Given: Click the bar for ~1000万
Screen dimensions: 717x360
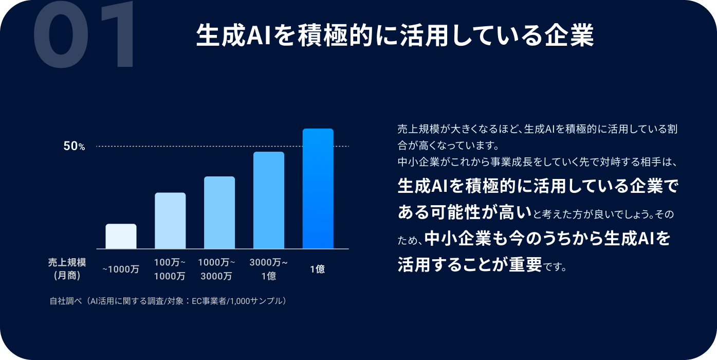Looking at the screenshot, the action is click(x=121, y=236).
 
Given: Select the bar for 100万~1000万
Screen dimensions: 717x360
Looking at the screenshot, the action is click(x=170, y=220).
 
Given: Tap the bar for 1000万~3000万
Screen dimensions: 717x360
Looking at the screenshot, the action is click(x=219, y=212).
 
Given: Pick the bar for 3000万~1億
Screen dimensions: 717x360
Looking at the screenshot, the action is click(x=269, y=200).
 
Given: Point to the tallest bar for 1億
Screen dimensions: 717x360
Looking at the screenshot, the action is click(x=318, y=189).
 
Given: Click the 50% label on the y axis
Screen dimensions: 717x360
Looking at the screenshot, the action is click(x=74, y=147).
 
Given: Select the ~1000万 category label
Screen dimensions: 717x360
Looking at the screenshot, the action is click(x=121, y=269).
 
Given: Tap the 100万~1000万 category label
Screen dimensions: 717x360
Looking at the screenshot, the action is click(x=170, y=269).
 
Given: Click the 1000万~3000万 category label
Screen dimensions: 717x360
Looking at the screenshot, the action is click(x=216, y=269).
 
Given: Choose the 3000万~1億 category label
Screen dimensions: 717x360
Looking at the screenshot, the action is click(x=269, y=269).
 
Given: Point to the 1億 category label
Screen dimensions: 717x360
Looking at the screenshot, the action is click(x=318, y=269).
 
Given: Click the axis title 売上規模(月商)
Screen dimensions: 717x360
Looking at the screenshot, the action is click(x=67, y=269).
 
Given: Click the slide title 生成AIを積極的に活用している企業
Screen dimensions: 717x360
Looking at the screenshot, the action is click(x=395, y=35).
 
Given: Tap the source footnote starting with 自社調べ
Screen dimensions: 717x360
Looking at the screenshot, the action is click(x=168, y=301).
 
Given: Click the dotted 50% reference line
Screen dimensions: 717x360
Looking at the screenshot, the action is click(x=223, y=147).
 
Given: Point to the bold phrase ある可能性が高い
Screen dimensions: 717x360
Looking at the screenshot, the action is click(x=465, y=212).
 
